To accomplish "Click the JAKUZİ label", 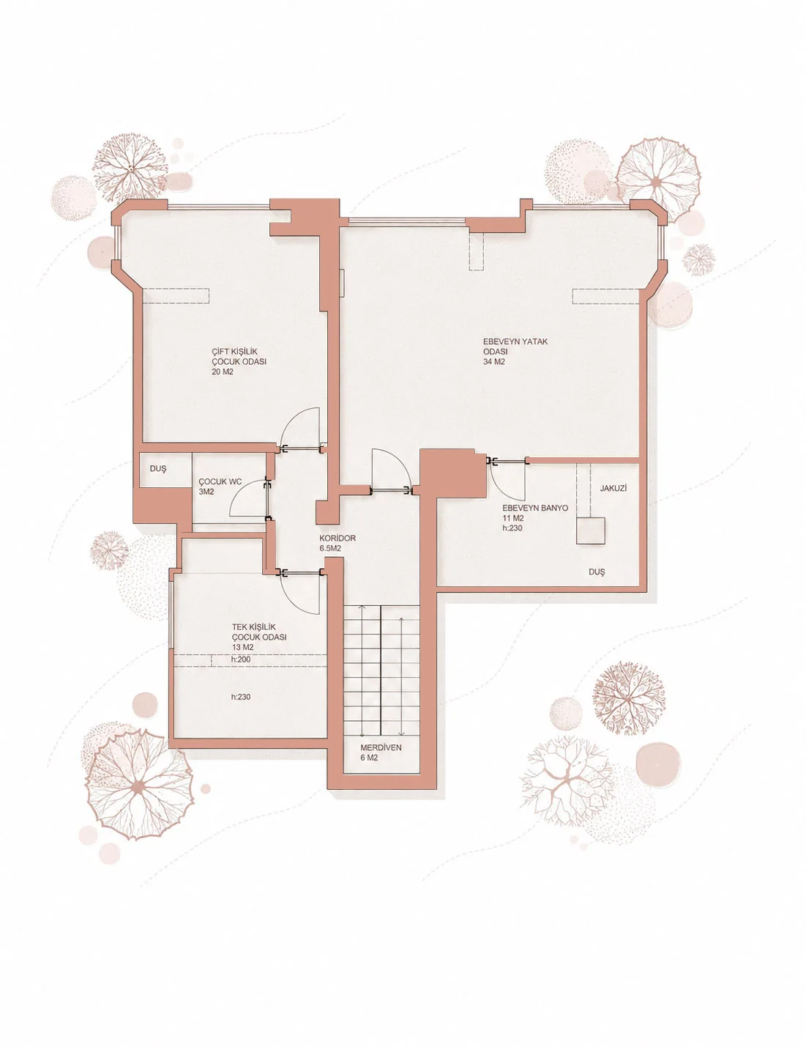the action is (613, 488).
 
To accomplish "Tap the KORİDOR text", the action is (337, 539).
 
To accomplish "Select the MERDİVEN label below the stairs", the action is (381, 748).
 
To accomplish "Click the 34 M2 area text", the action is (494, 362).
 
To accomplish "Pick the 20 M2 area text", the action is (223, 372).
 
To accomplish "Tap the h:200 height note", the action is (241, 659).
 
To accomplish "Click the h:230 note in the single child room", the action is (241, 697).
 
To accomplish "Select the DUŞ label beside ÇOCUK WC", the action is (158, 468).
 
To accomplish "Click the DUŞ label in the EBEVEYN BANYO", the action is (597, 572).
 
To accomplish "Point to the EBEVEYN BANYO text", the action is (535, 508).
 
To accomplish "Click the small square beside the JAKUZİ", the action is (591, 530).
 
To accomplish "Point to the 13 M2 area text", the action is (242, 647).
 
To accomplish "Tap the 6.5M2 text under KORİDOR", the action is (331, 548).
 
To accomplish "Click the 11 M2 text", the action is (513, 519).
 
